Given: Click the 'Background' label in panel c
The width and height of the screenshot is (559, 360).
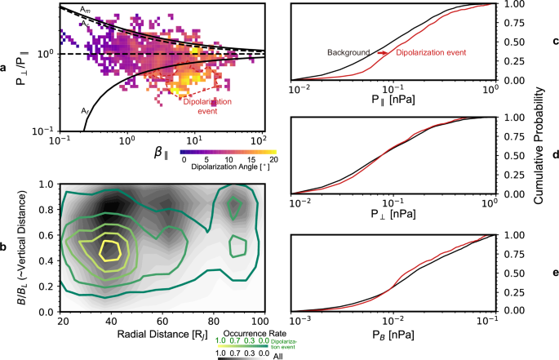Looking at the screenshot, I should tap(350, 53).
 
